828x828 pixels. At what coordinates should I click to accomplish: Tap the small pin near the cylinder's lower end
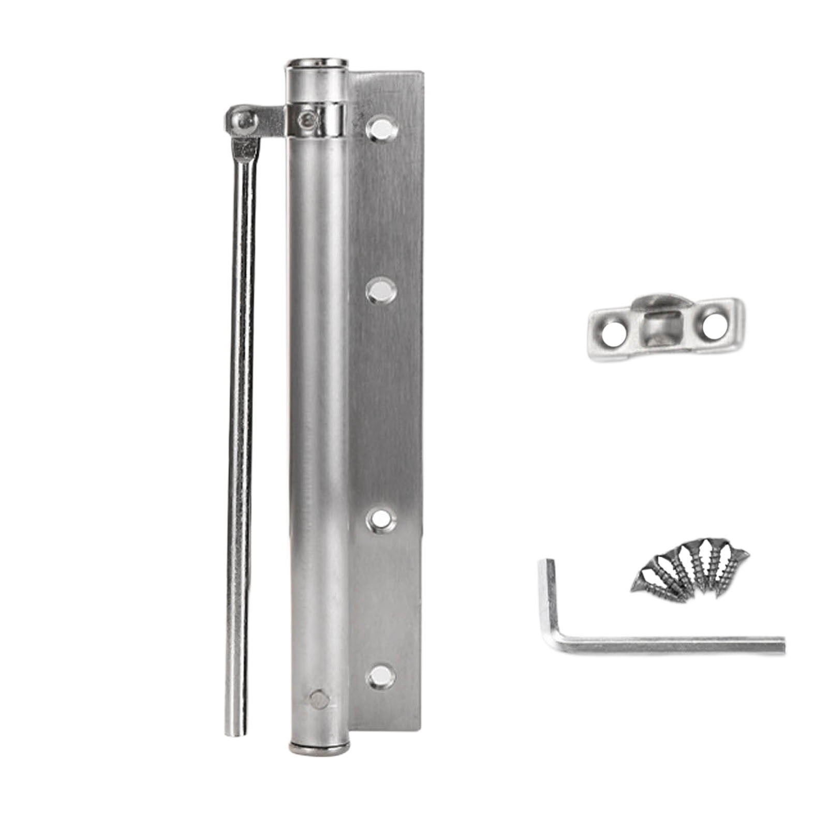tap(319, 700)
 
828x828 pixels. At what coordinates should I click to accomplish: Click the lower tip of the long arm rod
tap(235, 730)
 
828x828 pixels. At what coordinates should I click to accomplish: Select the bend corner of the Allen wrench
tap(555, 644)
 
